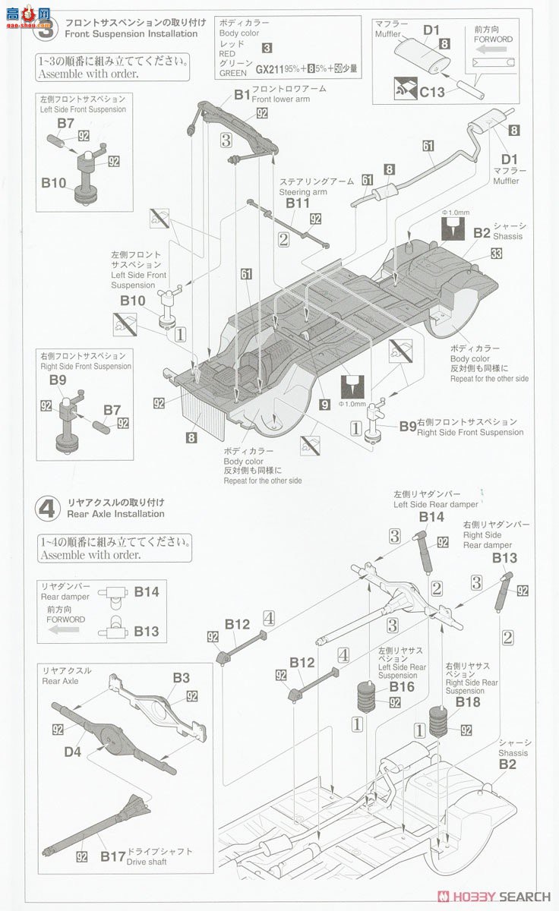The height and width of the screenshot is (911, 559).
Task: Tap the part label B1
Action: tap(242, 94)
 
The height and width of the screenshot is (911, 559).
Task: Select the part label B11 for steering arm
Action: tap(298, 203)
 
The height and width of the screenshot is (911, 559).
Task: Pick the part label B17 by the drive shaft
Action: tap(112, 856)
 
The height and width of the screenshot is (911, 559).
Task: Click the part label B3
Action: tap(181, 677)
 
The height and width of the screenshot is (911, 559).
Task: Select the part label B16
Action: tap(402, 687)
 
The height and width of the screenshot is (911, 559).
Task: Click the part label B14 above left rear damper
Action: tap(431, 516)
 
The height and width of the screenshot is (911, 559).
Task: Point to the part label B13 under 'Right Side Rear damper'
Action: tap(504, 557)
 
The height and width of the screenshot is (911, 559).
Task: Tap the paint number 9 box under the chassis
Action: tap(324, 405)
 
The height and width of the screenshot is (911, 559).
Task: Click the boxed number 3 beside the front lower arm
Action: tap(226, 140)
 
